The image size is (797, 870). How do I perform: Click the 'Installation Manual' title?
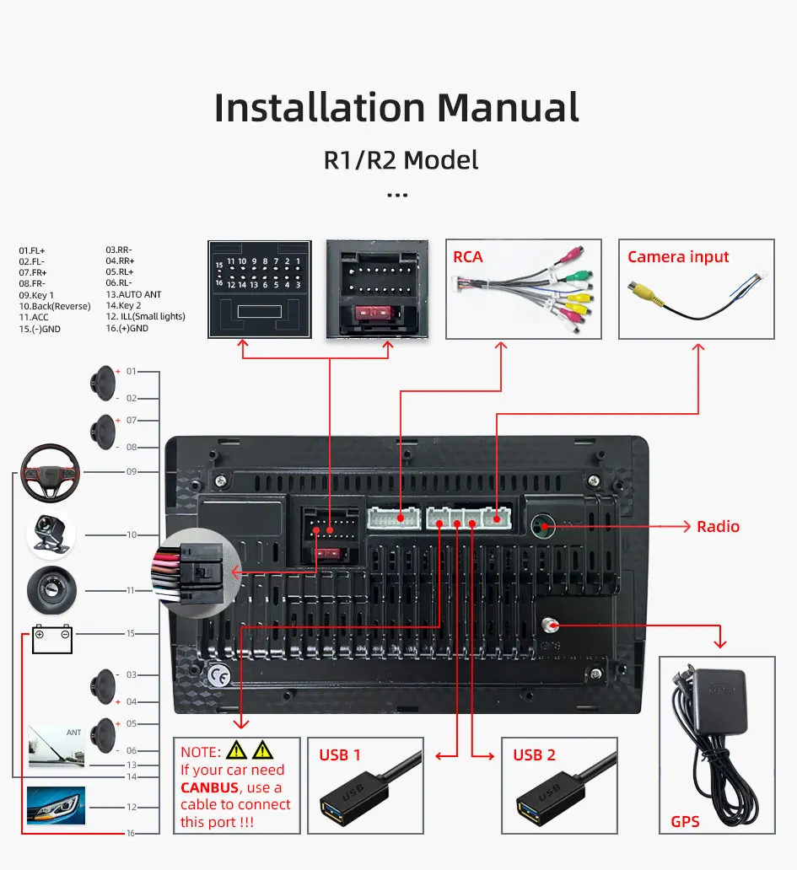[x=397, y=108]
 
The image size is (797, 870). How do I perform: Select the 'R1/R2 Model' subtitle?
[x=401, y=159]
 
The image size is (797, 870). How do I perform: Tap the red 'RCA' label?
[x=468, y=256]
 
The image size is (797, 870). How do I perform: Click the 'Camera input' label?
[x=678, y=256]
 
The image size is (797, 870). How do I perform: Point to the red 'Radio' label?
[x=718, y=527]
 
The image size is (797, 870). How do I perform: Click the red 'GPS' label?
[x=685, y=820]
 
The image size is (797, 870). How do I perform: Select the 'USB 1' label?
[x=339, y=755]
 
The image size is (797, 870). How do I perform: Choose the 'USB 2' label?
[x=534, y=755]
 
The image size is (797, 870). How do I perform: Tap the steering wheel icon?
[x=51, y=472]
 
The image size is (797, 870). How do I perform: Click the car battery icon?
[x=52, y=639]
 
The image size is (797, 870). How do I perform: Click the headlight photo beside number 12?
[x=56, y=806]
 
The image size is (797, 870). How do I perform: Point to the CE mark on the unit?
[x=218, y=674]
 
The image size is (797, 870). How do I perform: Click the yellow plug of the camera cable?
[x=646, y=292]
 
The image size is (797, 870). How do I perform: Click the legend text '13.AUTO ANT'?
[x=133, y=294]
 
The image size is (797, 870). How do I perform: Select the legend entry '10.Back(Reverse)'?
[x=54, y=306]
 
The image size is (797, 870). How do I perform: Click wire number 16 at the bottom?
[x=131, y=833]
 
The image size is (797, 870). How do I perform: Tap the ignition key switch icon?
[x=51, y=589]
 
